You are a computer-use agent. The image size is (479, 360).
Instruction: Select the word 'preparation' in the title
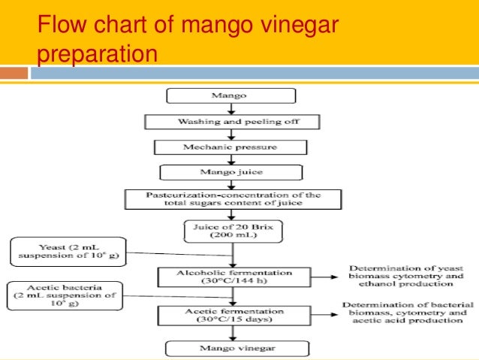click(x=98, y=55)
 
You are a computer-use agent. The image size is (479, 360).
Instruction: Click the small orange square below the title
click(x=16, y=74)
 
